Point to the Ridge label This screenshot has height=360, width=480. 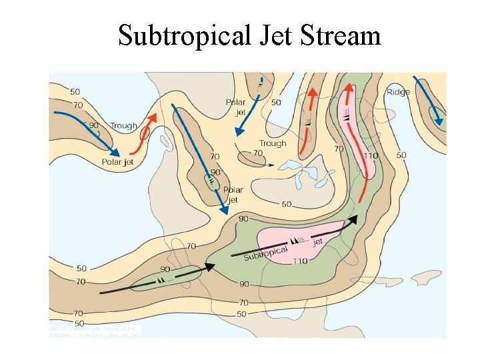tap(398, 92)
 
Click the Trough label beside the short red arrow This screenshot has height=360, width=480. tap(123, 125)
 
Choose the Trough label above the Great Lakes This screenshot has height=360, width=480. tap(273, 143)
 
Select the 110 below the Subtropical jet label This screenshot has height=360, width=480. tap(299, 261)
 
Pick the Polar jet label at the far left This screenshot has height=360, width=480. tap(118, 161)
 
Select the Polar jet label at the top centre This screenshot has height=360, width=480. tap(236, 107)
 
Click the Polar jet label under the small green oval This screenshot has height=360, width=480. tap(233, 194)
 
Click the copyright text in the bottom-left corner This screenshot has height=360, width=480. tap(94, 332)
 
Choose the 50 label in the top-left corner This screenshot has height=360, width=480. tap(75, 91)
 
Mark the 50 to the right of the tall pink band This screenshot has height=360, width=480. tap(401, 155)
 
